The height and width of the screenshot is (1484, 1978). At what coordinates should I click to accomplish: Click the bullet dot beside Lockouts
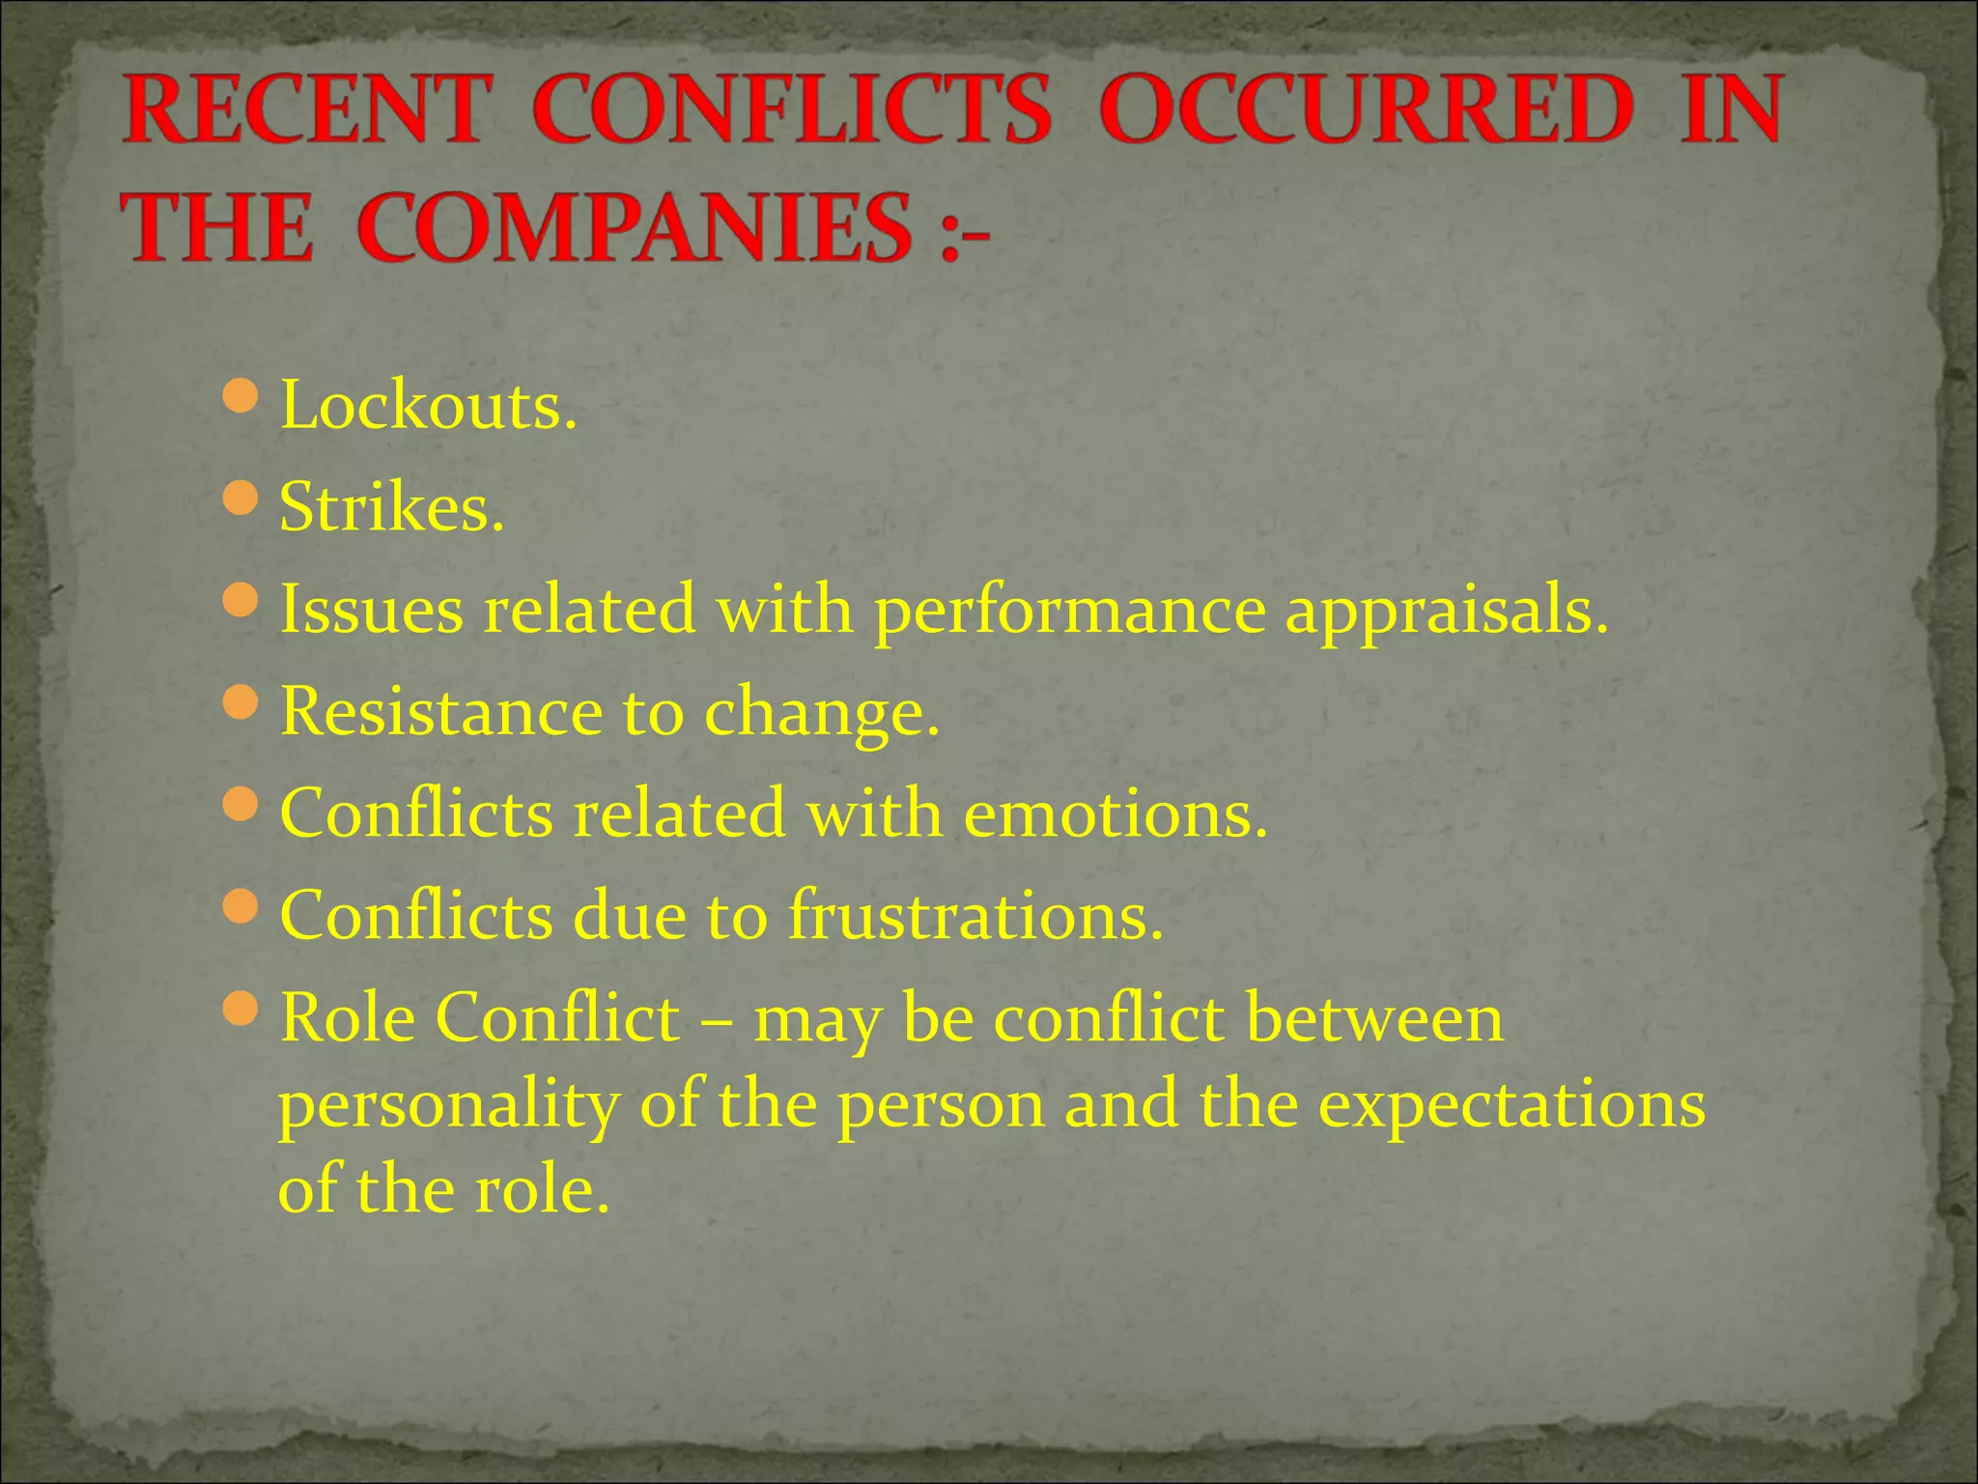click(x=240, y=395)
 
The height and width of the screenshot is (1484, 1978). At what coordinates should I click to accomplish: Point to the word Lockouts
click(x=428, y=406)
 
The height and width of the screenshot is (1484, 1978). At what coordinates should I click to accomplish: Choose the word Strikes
click(x=391, y=508)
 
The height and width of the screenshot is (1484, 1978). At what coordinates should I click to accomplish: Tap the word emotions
click(x=1116, y=814)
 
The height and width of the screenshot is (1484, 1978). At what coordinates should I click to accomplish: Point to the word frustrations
click(x=975, y=916)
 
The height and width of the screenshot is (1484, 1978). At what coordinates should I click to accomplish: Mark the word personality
click(x=448, y=1105)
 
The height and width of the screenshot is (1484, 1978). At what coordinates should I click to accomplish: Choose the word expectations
click(x=1512, y=1105)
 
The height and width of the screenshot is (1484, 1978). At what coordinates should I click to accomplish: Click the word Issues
click(x=371, y=611)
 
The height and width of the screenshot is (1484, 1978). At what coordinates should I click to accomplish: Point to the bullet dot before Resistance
click(x=240, y=702)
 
